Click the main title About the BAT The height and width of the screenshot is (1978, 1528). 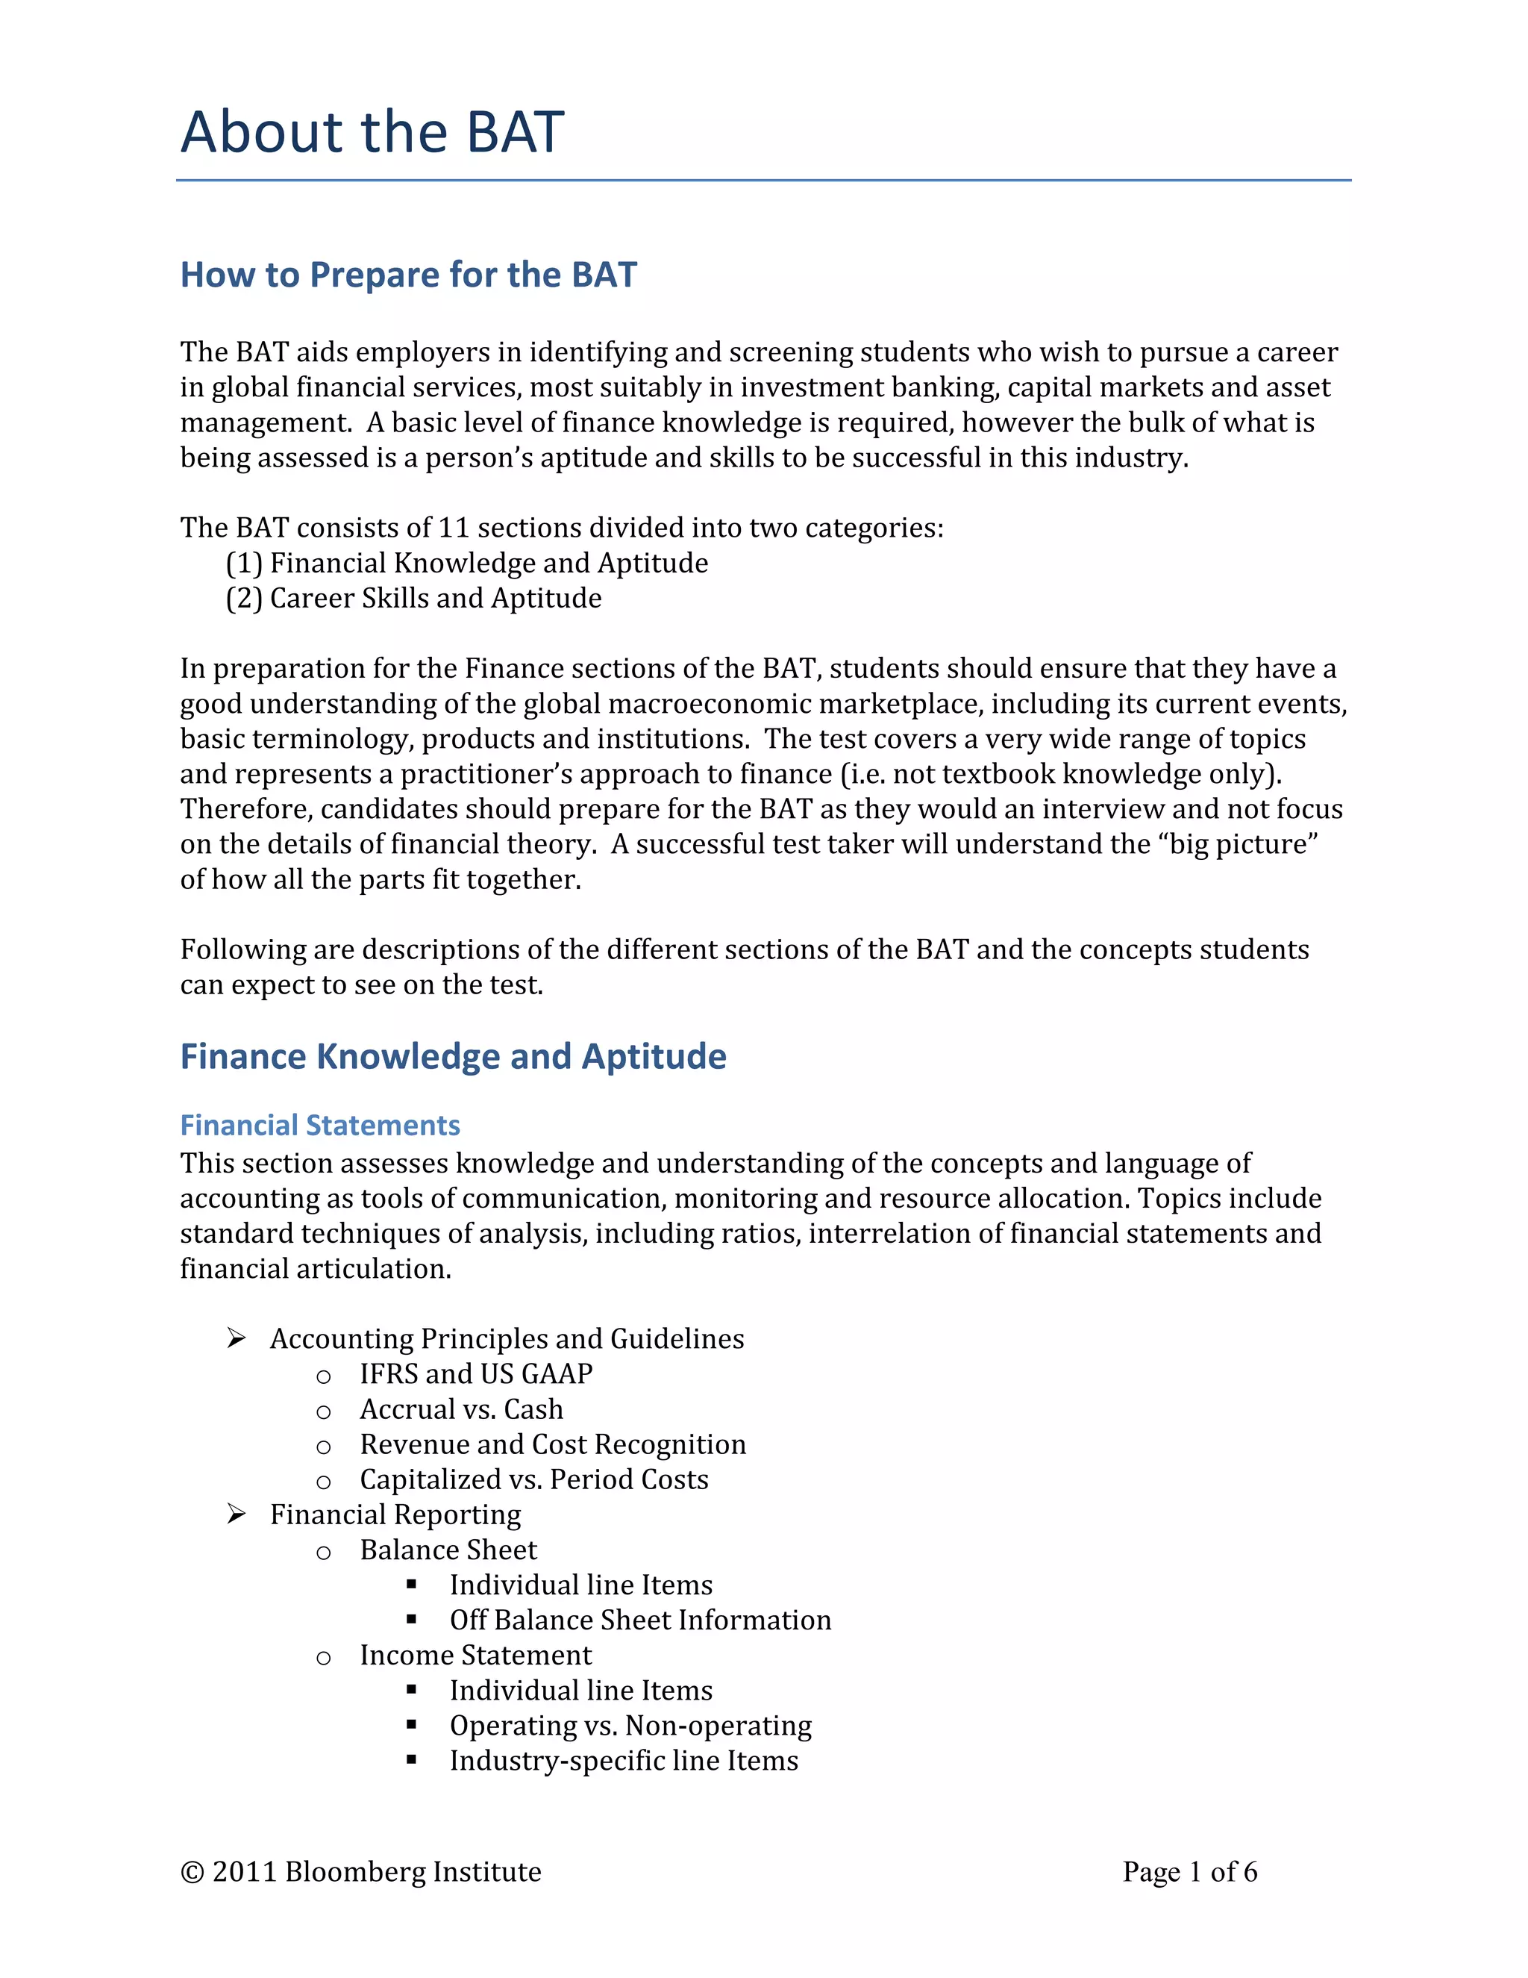372,132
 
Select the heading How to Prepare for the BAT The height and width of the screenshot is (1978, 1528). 408,275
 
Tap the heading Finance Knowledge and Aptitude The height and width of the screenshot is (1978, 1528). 453,1057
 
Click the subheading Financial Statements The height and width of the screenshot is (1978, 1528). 319,1126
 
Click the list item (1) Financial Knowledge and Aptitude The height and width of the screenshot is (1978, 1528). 466,564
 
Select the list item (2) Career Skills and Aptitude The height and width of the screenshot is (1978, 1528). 413,599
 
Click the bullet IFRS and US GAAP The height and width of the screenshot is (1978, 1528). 476,1374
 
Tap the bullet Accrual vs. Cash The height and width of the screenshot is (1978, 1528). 462,1409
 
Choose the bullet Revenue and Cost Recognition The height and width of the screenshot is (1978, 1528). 553,1444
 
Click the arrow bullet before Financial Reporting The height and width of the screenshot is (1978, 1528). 237,1514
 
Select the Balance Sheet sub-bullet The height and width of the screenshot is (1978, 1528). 448,1550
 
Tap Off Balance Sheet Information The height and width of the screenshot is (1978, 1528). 640,1620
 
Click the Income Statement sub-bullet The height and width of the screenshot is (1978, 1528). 475,1656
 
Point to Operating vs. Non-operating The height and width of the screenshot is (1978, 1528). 630,1726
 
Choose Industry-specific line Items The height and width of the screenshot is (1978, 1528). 624,1761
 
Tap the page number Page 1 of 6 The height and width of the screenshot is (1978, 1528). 1189,1872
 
